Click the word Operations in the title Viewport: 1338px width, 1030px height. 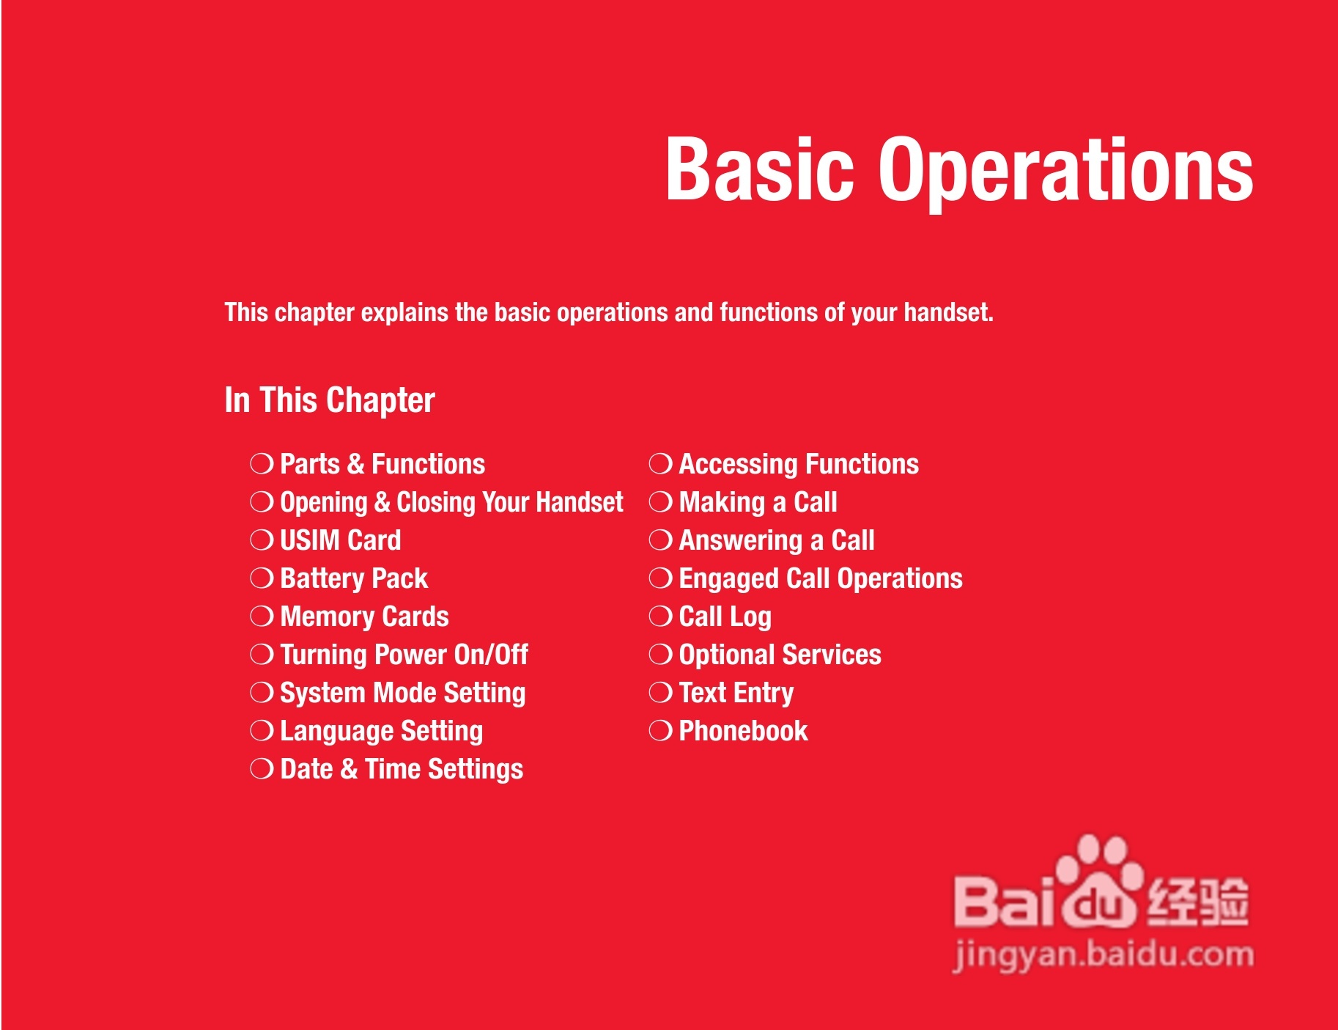point(1066,174)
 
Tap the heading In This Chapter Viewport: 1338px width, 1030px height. point(330,401)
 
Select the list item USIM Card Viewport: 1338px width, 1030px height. point(341,540)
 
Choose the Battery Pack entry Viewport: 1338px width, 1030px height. point(354,579)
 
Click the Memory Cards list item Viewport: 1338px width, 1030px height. point(364,617)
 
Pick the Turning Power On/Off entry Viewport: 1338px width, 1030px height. point(404,655)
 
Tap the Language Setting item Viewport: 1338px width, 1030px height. point(382,732)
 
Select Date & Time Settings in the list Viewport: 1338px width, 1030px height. point(402,770)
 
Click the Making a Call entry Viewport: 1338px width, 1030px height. point(758,502)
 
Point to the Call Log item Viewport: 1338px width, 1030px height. point(725,617)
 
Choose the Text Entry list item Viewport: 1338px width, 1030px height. point(736,694)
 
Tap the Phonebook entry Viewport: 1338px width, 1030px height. point(744,731)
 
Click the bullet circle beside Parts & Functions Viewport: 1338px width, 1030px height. point(262,464)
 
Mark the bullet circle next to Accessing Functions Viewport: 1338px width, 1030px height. point(660,464)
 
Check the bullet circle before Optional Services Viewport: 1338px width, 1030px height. point(660,655)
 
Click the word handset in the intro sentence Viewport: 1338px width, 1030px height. point(948,313)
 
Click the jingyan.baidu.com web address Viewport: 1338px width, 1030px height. point(1104,955)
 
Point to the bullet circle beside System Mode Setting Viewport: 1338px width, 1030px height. point(262,693)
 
